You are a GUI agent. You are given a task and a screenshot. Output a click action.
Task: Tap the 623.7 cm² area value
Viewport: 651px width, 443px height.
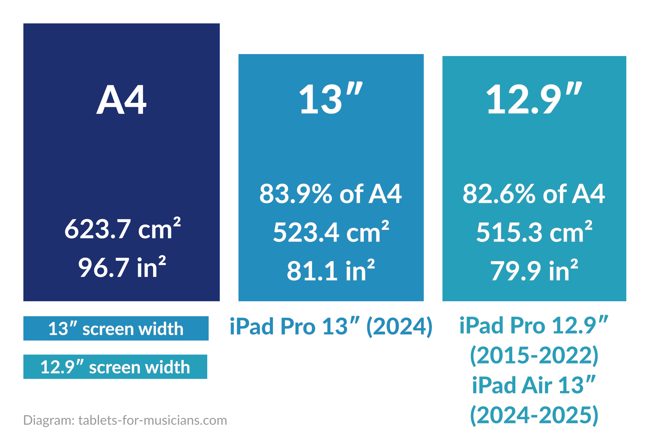[122, 229]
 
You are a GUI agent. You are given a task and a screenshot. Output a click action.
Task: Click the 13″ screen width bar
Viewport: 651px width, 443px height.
[116, 328]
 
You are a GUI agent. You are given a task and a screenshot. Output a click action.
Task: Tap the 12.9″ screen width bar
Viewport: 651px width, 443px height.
[115, 367]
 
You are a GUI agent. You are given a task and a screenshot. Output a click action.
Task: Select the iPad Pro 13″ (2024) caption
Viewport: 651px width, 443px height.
[331, 327]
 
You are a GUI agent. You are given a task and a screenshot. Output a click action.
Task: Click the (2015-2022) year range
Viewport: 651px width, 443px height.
[534, 355]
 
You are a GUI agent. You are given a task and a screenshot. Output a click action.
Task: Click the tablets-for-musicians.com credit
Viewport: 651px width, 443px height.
[153, 420]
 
